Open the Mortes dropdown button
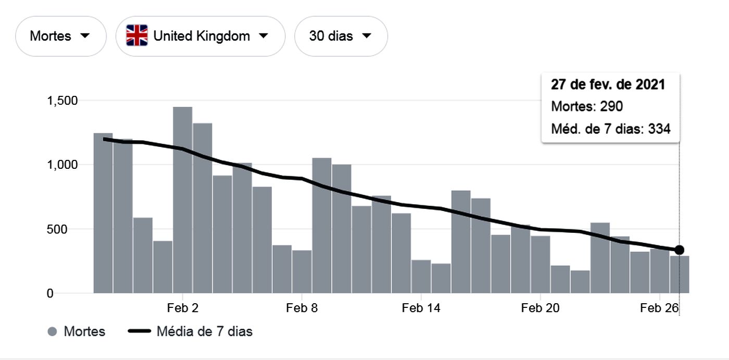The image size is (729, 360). [60, 36]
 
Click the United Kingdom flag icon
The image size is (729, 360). [137, 35]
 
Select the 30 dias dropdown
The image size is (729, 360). [341, 36]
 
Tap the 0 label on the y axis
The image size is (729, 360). [50, 293]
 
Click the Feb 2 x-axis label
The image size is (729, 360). [183, 308]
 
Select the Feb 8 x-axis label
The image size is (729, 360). [301, 308]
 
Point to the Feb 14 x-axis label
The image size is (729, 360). [421, 308]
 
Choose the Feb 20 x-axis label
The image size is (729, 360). [540, 308]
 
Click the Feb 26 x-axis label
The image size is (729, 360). [659, 308]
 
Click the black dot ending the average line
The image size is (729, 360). [679, 250]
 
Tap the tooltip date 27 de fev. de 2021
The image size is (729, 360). [608, 84]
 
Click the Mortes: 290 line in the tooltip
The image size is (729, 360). [587, 106]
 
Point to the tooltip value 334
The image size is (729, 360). [659, 129]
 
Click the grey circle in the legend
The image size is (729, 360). [52, 331]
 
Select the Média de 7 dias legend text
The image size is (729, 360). [204, 331]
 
